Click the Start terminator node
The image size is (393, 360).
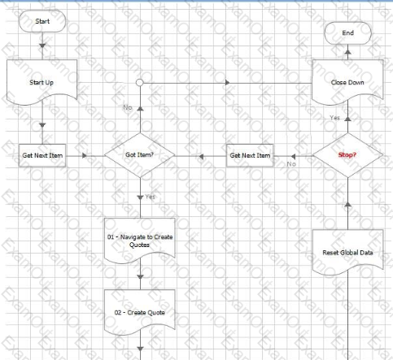click(x=42, y=21)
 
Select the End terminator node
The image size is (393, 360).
click(x=347, y=33)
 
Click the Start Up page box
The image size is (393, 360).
click(x=42, y=82)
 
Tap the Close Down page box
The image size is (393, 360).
click(x=347, y=82)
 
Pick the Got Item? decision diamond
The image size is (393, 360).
click(x=140, y=155)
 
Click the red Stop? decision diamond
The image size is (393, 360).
click(x=347, y=155)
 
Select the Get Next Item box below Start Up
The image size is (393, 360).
click(x=42, y=155)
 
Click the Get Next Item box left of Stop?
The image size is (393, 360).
click(x=250, y=155)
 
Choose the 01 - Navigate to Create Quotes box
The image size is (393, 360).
click(x=140, y=241)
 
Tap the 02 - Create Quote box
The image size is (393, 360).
click(x=140, y=312)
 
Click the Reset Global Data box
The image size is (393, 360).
click(x=347, y=252)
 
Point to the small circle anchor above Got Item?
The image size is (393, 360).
click(x=140, y=82)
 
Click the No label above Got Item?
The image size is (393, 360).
click(x=128, y=107)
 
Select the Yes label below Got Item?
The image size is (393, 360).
click(x=150, y=197)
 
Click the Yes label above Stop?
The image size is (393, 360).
click(x=335, y=118)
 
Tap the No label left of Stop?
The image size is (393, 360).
click(x=291, y=164)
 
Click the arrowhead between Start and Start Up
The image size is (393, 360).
click(x=42, y=46)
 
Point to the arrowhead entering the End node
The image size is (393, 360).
click(x=347, y=52)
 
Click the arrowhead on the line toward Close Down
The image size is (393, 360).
click(x=228, y=82)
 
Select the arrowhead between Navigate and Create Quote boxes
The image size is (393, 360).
click(x=140, y=277)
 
